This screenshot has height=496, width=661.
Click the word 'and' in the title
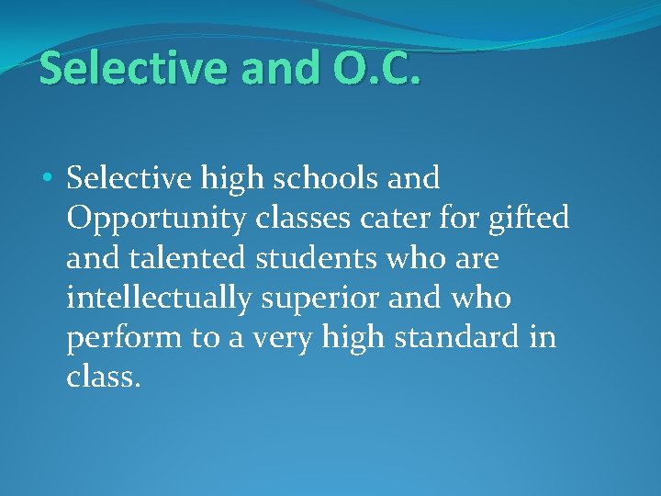(x=270, y=70)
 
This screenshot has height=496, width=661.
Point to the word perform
(x=123, y=339)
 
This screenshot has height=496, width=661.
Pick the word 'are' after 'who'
(x=476, y=258)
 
